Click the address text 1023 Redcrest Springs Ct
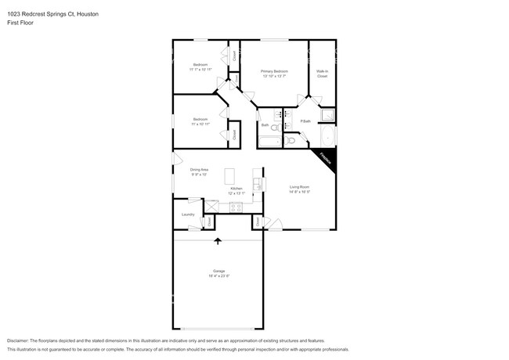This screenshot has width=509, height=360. (x=39, y=14)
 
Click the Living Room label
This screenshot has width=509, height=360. (x=300, y=186)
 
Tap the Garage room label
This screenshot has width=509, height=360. (x=218, y=271)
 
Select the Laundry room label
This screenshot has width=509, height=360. (x=188, y=214)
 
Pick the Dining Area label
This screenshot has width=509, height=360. (x=199, y=170)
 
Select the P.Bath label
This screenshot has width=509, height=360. (x=305, y=121)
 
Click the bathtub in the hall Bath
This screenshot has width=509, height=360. (x=269, y=142)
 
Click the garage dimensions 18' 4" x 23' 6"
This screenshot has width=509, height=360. (x=218, y=276)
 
